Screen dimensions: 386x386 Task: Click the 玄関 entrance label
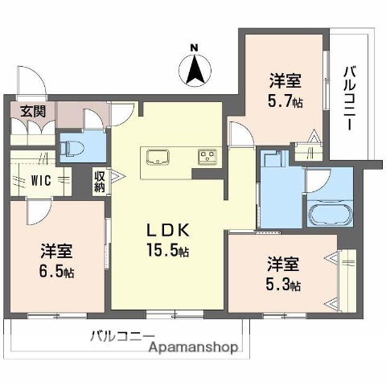click(x=23, y=111)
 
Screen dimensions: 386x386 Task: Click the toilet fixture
click(x=72, y=147)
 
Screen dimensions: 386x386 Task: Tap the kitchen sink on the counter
click(x=156, y=155)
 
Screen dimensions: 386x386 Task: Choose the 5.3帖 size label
click(x=285, y=285)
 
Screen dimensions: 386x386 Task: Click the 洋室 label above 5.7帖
click(x=285, y=80)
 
